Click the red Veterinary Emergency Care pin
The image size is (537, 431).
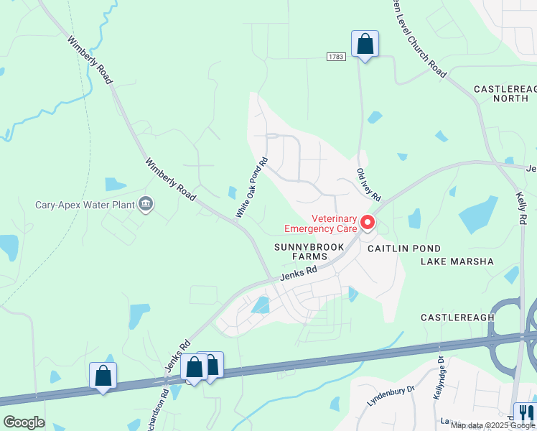[368, 223]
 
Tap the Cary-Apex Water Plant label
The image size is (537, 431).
[85, 205]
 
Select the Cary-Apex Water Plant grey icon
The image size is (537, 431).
[146, 205]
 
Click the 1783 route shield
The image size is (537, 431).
[335, 56]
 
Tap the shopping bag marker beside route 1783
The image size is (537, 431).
[365, 44]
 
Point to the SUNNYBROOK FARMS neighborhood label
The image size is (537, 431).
[310, 251]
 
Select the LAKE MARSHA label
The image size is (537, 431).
[457, 261]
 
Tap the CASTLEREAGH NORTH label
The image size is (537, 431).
[505, 93]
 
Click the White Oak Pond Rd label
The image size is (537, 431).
[252, 187]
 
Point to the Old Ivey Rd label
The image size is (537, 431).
[368, 185]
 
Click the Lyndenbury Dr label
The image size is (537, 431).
[391, 396]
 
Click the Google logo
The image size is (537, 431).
[24, 422]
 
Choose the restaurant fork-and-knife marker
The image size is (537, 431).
[525, 412]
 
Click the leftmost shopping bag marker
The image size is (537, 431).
[103, 375]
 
